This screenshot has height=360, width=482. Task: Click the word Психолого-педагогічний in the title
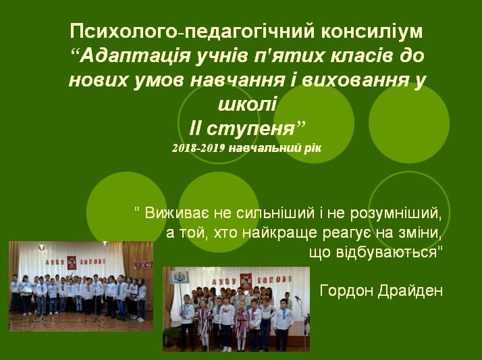click(192, 32)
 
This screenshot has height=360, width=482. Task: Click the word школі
click(248, 104)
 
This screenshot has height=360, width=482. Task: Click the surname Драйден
click(410, 290)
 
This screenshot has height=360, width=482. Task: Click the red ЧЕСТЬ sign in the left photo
click(143, 265)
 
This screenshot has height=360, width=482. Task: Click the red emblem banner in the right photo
click(246, 280)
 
